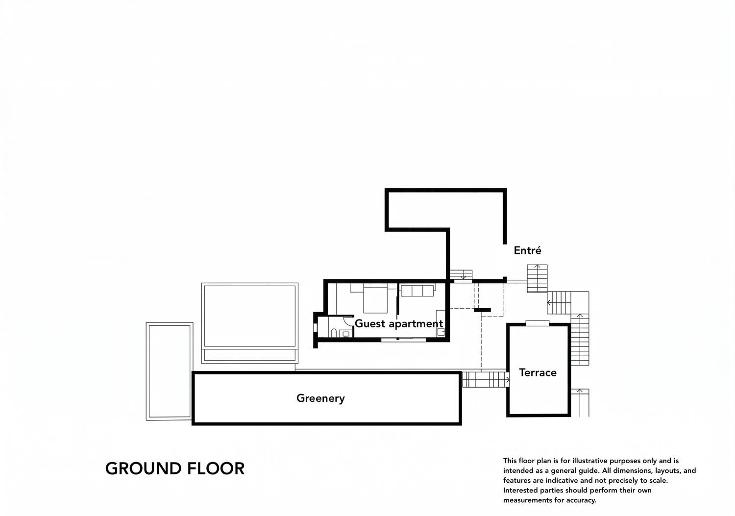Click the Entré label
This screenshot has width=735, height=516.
[x=527, y=250]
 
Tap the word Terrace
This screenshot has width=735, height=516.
[x=538, y=372]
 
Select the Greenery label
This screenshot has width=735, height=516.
[x=320, y=398]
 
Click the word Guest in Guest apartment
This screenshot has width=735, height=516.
[x=370, y=323]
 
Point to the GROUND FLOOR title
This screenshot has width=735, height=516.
[x=175, y=468]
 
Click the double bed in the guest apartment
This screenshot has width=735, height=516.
[x=375, y=298]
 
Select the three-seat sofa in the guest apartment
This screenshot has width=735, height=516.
[x=417, y=290]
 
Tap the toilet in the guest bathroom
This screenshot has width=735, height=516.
[x=333, y=333]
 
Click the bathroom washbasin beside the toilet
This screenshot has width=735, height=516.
[x=346, y=334]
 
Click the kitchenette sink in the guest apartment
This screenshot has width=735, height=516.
[x=441, y=332]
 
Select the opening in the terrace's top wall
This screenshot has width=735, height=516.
[x=537, y=323]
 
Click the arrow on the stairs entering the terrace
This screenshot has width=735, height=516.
[x=507, y=380]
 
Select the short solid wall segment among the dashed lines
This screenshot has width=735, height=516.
[x=482, y=310]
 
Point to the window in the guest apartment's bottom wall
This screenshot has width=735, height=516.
[x=403, y=340]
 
